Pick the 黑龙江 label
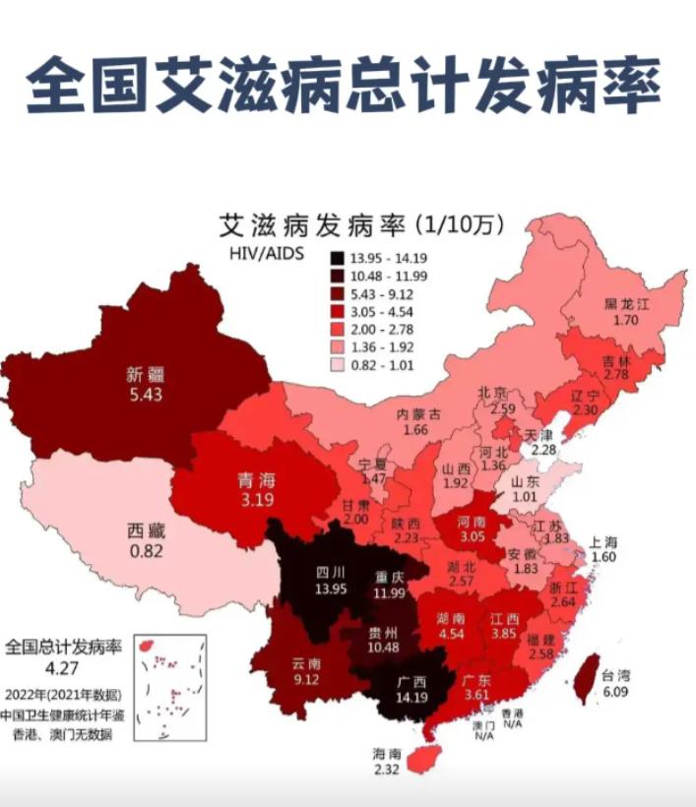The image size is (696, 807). (627, 304)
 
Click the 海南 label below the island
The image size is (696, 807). (386, 753)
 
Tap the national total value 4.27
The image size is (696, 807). (62, 668)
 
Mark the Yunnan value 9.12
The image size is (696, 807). (306, 678)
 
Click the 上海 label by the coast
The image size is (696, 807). (603, 541)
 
